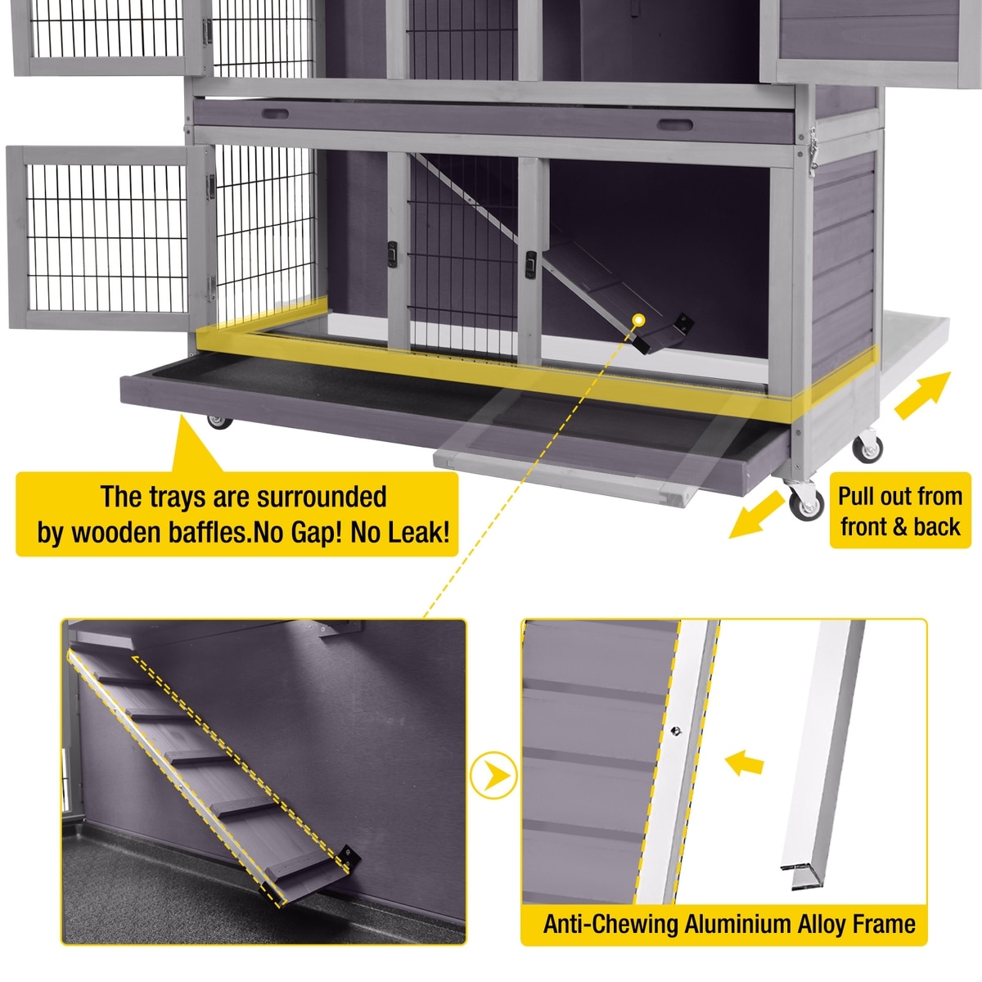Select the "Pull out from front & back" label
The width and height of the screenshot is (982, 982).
point(900,511)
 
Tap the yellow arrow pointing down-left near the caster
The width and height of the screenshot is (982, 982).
point(756,515)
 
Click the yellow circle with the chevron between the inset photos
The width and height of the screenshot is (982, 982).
point(493,777)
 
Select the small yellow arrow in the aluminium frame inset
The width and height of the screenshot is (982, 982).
point(745,763)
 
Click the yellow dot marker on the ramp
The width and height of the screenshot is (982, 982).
point(638,320)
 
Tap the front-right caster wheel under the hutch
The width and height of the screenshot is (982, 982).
point(806,502)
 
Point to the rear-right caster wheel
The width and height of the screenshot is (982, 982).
point(867,447)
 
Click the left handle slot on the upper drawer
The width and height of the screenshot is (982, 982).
point(275,114)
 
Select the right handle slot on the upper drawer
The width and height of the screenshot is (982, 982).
point(674,124)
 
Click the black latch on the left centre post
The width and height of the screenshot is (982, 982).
point(392,254)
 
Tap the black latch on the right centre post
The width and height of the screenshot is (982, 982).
point(530,264)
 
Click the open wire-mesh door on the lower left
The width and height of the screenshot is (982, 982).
point(107,237)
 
